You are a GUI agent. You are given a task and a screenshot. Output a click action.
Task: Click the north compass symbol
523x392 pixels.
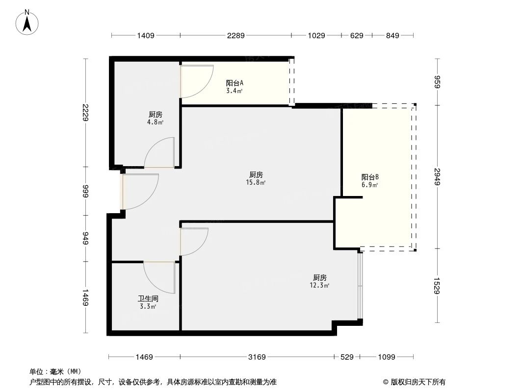pyautogui.click(x=28, y=22)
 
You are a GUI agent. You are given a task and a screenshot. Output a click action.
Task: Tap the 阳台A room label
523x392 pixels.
pyautogui.click(x=234, y=83)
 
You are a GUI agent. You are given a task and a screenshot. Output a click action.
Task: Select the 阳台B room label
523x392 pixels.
pyautogui.click(x=369, y=177)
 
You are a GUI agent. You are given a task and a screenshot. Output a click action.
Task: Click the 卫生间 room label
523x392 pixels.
pyautogui.click(x=148, y=298)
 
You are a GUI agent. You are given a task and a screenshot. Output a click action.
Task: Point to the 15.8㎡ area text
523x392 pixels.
pyautogui.click(x=256, y=183)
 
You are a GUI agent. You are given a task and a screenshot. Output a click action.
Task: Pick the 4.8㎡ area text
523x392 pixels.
pyautogui.click(x=156, y=122)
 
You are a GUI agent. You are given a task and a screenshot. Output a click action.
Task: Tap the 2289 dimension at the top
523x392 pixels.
pyautogui.click(x=236, y=35)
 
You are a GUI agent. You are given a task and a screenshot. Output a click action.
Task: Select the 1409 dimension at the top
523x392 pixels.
pyautogui.click(x=146, y=35)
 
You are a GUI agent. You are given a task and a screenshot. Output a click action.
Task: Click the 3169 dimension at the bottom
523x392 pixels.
pyautogui.click(x=257, y=357)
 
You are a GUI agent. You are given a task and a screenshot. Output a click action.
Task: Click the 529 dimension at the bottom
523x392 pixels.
pyautogui.click(x=346, y=357)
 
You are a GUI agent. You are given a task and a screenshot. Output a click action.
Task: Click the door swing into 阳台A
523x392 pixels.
pyautogui.click(x=196, y=81)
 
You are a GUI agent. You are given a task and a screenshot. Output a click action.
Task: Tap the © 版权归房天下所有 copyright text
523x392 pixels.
pyautogui.click(x=414, y=382)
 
